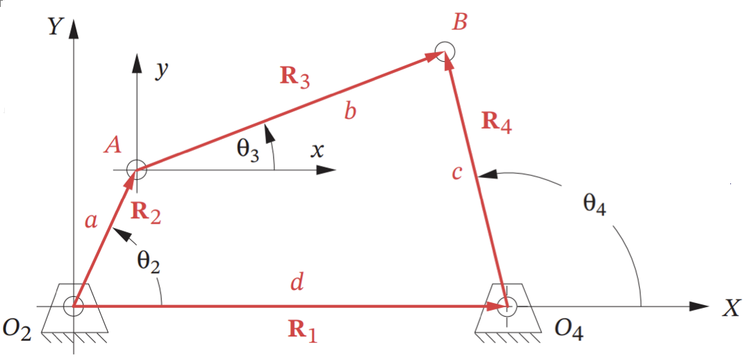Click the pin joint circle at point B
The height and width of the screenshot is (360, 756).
pyautogui.click(x=444, y=51)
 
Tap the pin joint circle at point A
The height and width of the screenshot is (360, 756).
pyautogui.click(x=136, y=169)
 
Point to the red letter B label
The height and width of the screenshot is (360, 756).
pyautogui.click(x=459, y=22)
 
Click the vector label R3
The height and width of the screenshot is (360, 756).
pyautogui.click(x=295, y=77)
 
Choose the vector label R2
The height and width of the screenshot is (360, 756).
pyautogui.click(x=146, y=215)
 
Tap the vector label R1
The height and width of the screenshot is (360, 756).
pyautogui.click(x=303, y=332)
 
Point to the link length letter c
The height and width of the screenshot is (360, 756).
pyautogui.click(x=457, y=172)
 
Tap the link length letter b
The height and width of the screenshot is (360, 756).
pyautogui.click(x=350, y=111)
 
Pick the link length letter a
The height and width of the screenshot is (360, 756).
pyautogui.click(x=91, y=221)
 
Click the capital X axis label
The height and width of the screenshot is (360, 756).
pyautogui.click(x=731, y=308)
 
